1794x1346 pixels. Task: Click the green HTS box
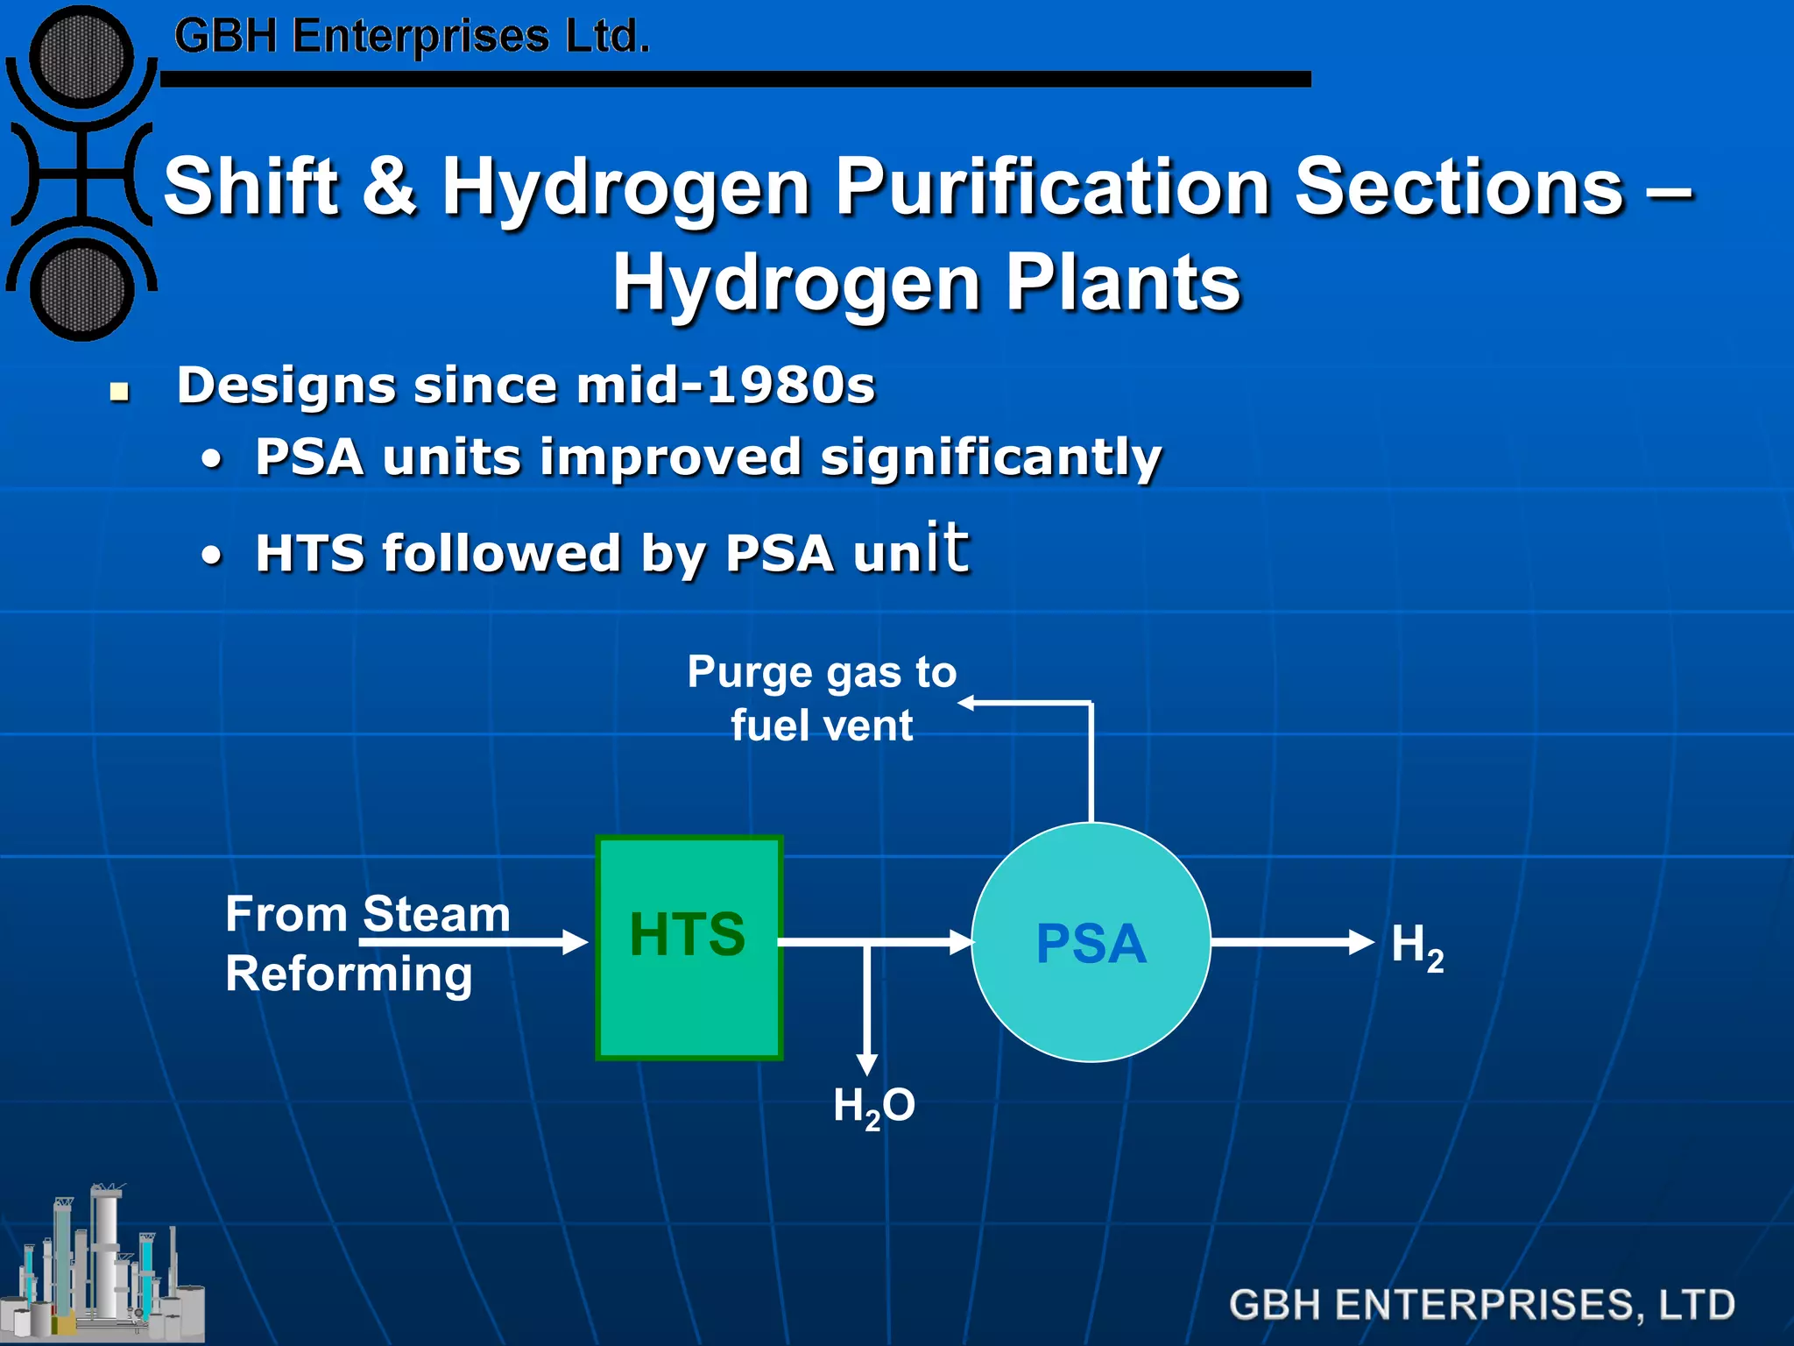point(689,946)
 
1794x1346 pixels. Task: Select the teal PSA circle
point(1091,943)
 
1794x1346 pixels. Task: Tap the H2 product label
point(1416,946)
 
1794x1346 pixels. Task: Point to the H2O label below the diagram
point(873,1106)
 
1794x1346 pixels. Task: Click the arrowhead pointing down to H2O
point(866,1063)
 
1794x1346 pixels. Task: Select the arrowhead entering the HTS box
point(575,943)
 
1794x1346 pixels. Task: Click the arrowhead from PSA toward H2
point(1361,943)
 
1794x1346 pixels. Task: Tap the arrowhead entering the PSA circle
point(962,943)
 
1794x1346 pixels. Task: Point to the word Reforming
point(349,974)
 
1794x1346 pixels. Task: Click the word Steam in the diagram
point(436,915)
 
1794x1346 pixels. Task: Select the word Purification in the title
point(1052,187)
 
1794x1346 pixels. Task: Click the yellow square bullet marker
point(120,390)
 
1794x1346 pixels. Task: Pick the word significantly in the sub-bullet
point(990,457)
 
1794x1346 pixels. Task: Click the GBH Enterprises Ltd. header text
point(412,37)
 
